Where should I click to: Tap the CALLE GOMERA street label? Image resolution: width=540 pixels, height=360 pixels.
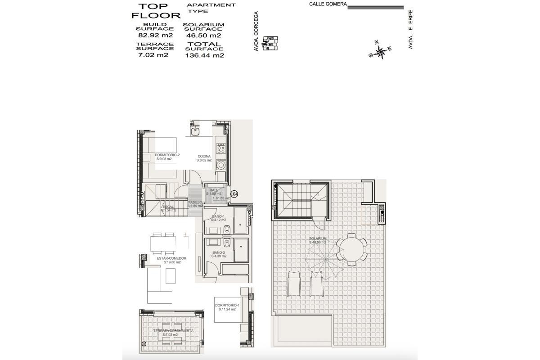[328, 4]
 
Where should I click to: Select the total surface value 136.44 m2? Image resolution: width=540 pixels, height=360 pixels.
[205, 56]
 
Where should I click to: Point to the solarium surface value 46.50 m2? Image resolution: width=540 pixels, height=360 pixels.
[203, 36]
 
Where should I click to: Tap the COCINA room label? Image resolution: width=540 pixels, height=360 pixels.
[204, 157]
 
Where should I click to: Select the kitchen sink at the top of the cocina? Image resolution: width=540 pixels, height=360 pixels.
[195, 131]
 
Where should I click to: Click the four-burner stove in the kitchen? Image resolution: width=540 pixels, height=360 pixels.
[221, 149]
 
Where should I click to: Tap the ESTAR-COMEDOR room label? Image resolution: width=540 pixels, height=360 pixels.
[171, 259]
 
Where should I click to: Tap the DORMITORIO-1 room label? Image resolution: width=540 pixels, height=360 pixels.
[227, 306]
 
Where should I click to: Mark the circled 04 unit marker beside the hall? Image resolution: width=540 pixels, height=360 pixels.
[234, 194]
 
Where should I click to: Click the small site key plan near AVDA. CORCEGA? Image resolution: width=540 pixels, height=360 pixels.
[270, 43]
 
